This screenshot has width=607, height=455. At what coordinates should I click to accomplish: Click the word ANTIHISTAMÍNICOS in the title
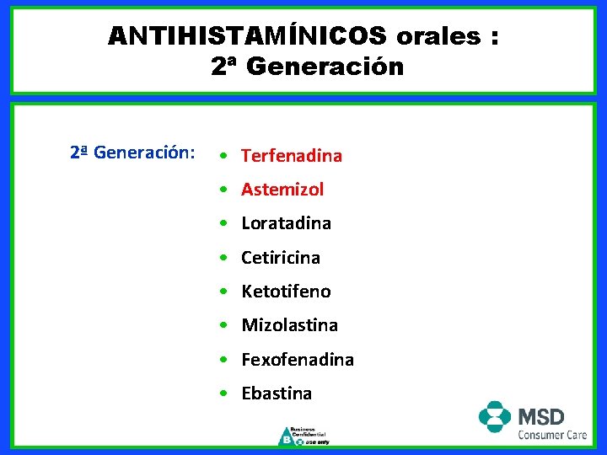click(247, 35)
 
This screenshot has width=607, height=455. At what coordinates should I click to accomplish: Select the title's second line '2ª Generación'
click(308, 67)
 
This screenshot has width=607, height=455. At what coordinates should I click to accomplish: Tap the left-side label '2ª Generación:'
click(132, 153)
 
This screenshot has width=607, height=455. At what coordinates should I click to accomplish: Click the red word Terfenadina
click(292, 156)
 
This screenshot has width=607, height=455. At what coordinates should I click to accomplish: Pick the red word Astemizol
click(282, 190)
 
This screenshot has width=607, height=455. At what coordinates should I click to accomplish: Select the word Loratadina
click(286, 223)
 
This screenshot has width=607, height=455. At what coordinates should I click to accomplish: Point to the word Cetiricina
click(281, 258)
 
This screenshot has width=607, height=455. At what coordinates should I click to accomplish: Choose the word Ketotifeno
click(286, 292)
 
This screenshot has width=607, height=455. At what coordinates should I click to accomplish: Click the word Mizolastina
click(289, 325)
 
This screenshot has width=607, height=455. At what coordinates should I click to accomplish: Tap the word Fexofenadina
click(298, 360)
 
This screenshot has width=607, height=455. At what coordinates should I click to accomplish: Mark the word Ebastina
click(277, 393)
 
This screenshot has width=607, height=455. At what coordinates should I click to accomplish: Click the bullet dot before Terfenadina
click(221, 157)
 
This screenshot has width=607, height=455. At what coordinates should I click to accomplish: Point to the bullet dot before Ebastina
click(221, 394)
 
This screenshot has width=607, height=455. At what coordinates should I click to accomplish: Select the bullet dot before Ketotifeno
click(221, 292)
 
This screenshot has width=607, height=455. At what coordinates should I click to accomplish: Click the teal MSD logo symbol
click(495, 417)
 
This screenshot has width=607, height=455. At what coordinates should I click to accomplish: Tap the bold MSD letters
click(540, 415)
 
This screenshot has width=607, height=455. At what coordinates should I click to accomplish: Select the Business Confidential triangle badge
click(287, 436)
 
